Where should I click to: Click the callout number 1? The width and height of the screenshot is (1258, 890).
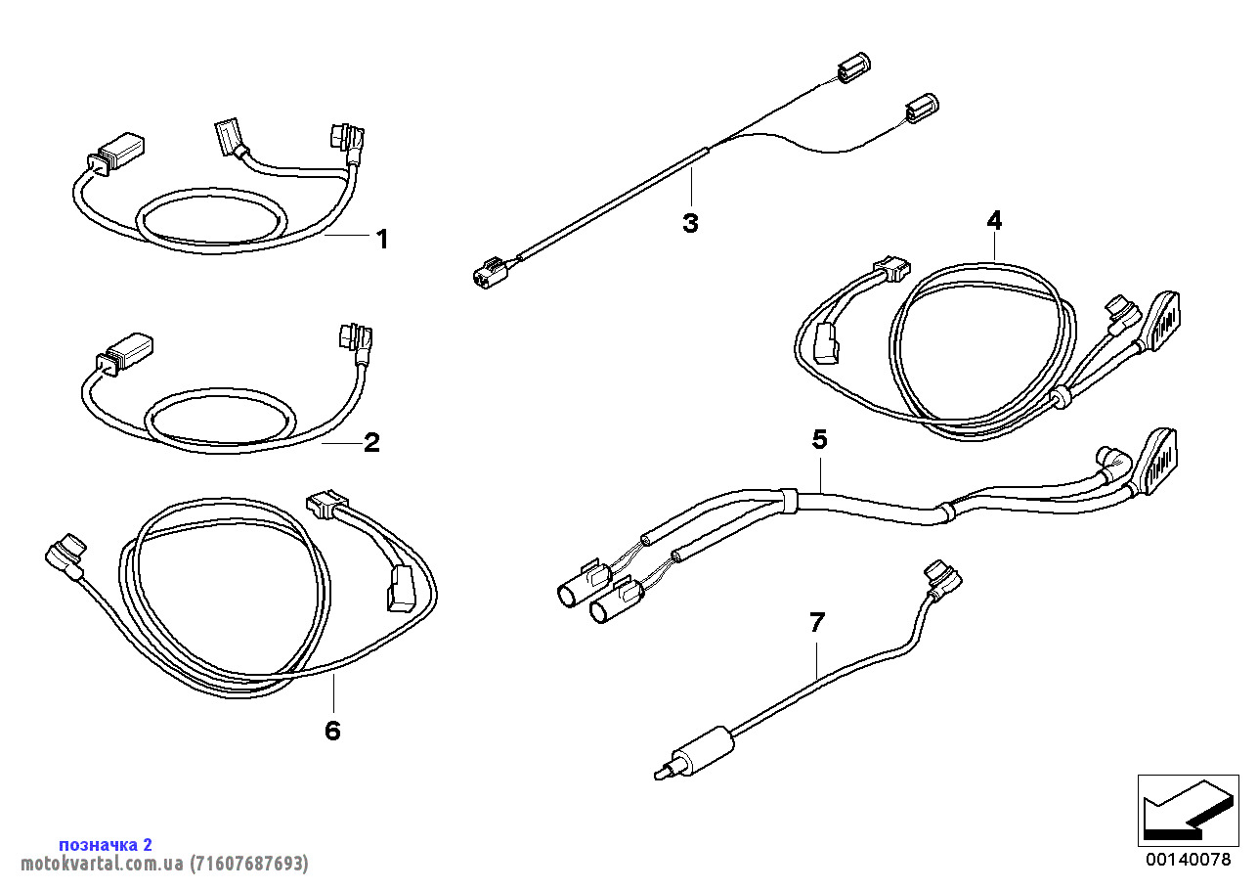pyautogui.click(x=382, y=239)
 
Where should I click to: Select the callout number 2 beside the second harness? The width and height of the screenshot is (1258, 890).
pyautogui.click(x=371, y=443)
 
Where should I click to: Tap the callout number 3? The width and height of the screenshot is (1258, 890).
pyautogui.click(x=690, y=223)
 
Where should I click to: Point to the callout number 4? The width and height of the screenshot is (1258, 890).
pyautogui.click(x=994, y=221)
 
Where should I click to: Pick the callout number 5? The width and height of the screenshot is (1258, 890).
pyautogui.click(x=819, y=440)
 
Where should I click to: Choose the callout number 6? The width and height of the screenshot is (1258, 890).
pyautogui.click(x=332, y=730)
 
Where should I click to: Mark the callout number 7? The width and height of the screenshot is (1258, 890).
pyautogui.click(x=817, y=621)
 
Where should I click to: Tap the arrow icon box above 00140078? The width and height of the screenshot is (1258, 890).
pyautogui.click(x=1188, y=810)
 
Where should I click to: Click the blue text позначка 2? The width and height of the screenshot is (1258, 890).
pyautogui.click(x=106, y=844)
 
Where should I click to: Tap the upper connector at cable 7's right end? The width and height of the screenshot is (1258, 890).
pyautogui.click(x=942, y=578)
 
